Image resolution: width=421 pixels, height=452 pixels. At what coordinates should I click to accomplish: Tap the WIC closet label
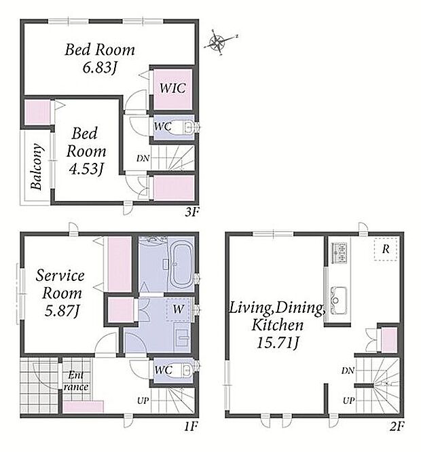[172, 88]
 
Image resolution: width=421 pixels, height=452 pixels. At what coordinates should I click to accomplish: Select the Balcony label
[37, 166]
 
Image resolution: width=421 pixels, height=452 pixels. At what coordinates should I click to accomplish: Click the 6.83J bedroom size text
[100, 68]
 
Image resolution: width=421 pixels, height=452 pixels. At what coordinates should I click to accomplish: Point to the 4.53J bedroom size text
[86, 168]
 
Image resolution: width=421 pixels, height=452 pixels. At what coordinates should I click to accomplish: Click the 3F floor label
[191, 212]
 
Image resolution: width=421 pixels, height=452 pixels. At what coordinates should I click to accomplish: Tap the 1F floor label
[190, 426]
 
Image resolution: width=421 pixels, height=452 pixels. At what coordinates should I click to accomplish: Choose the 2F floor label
[397, 426]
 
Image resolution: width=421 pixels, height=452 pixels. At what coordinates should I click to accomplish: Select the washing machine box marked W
[178, 309]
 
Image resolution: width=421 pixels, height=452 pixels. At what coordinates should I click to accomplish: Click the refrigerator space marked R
[386, 250]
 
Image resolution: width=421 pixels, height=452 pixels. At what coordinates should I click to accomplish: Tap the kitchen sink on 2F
[339, 301]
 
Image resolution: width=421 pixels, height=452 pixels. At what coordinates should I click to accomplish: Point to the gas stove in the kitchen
[339, 253]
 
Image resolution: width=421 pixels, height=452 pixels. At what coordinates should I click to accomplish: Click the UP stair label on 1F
[143, 400]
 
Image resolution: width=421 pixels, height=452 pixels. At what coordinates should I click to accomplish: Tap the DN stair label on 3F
[143, 158]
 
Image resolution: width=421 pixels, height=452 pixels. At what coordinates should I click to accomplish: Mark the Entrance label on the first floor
[76, 381]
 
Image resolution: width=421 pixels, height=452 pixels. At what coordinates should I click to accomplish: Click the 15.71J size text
[278, 343]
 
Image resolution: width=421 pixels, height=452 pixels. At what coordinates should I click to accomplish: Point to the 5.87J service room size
[62, 311]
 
